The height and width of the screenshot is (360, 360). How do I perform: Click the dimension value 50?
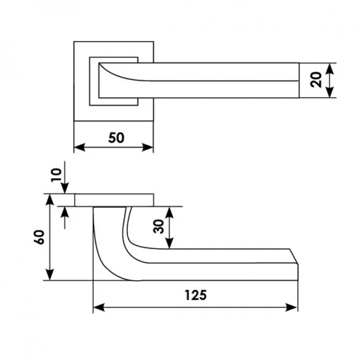[116, 138]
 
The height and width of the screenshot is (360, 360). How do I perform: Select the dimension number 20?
[316, 79]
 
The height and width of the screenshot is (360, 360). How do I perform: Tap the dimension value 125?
[195, 295]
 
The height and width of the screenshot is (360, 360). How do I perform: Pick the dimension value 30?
[159, 226]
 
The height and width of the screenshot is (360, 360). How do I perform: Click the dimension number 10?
[57, 175]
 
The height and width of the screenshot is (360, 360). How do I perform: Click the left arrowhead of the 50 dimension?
[80, 147]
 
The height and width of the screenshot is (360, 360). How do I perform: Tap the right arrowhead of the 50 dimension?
[148, 147]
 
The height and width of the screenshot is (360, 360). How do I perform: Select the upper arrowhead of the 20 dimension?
[330, 68]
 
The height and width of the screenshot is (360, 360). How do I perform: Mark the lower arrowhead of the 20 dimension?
[330, 92]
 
